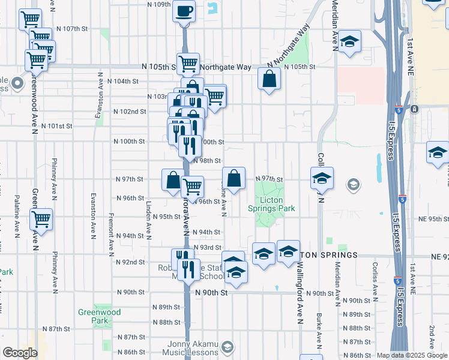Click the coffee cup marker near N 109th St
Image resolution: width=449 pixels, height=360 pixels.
184,10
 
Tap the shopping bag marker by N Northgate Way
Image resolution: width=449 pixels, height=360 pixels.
270,79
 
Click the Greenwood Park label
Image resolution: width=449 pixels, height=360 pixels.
100,316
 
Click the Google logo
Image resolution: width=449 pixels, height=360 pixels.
20,353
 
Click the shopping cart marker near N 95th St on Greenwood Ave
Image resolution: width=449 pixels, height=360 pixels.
41,220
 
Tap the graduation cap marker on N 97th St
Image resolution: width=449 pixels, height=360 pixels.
322,178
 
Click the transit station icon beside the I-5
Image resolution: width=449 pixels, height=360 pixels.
414,109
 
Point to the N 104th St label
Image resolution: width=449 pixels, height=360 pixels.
122,81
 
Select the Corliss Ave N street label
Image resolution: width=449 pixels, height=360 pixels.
375,281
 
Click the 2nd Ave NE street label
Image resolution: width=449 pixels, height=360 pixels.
432,339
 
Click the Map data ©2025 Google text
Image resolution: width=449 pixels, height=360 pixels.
412,355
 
